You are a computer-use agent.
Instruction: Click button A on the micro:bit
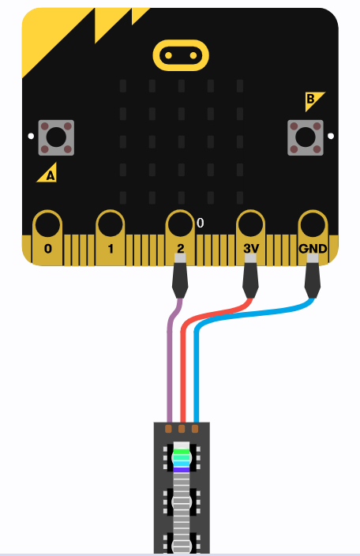[x=56, y=137]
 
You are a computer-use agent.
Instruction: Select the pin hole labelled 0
[x=47, y=225]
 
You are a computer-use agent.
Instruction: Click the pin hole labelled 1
[x=111, y=225]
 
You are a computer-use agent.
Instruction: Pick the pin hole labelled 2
[x=180, y=225]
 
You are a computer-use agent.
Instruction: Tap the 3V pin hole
[x=250, y=225]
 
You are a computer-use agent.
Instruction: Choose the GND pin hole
[x=313, y=225]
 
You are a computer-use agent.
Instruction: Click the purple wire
[x=170, y=358]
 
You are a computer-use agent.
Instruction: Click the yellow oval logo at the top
[x=181, y=55]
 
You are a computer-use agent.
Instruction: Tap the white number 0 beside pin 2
[x=201, y=223]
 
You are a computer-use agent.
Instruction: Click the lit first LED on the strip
[x=182, y=458]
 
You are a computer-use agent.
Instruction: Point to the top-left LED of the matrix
[x=123, y=86]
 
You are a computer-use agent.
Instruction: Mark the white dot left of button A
[x=31, y=136]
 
